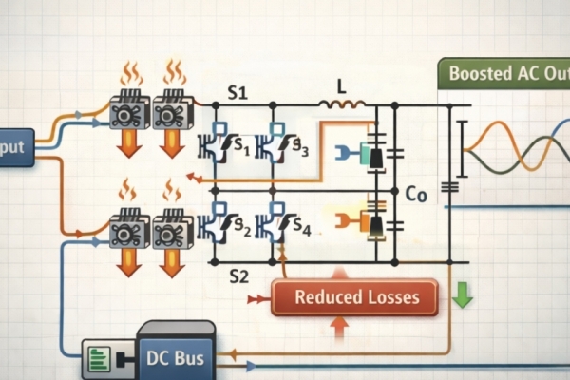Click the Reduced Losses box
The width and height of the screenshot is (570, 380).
pos(356,297)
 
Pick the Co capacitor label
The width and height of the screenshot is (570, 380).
pos(415,195)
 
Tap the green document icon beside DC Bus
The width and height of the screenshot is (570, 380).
pos(99,359)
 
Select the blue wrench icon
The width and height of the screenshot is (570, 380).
pos(344,152)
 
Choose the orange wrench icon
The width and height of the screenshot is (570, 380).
pos(344,222)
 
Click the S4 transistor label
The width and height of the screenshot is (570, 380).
pos(299,228)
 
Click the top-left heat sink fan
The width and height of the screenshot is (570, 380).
pos(129,111)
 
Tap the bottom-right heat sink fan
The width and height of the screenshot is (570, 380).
pos(172,232)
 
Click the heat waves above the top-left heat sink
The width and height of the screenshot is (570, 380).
pos(130,73)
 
